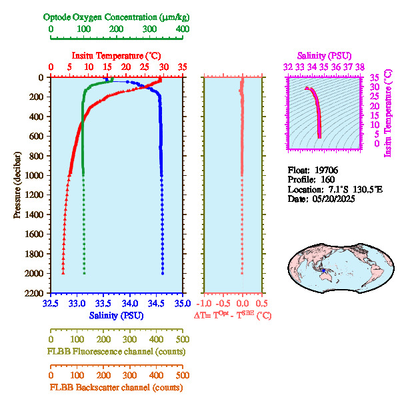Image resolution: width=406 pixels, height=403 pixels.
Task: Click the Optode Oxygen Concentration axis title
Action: click(115, 17)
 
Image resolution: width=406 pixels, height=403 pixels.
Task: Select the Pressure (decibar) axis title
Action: click(17, 185)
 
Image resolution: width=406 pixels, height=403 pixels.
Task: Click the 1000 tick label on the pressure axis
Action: click(35, 175)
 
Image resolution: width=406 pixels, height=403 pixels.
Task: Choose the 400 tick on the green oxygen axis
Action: click(181, 29)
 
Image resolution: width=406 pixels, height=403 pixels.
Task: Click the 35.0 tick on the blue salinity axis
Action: click(181, 303)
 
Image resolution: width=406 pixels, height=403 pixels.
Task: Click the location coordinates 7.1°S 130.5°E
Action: click(345, 190)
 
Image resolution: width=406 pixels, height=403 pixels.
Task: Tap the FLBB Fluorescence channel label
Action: click(116, 351)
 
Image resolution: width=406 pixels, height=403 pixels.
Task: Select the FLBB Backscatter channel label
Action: click(116, 387)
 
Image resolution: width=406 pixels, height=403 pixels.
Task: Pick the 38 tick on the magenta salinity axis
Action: click(359, 67)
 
